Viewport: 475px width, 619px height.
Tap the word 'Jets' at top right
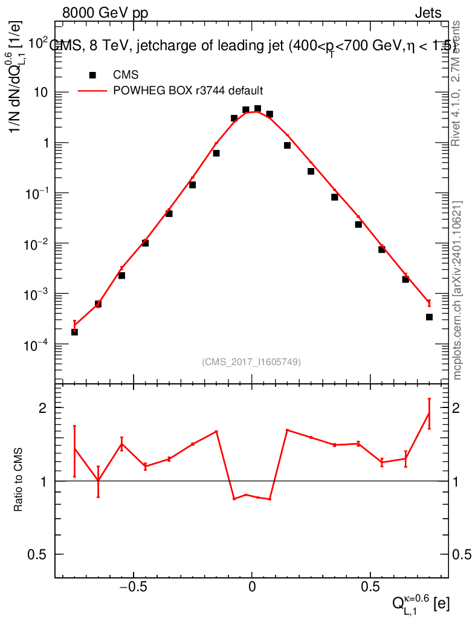coord(427,13)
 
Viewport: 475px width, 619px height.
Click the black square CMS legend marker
coord(92,75)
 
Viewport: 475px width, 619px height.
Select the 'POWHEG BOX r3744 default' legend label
coord(188,91)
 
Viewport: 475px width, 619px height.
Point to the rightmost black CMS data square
coord(429,317)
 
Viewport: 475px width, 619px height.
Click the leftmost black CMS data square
coord(74,332)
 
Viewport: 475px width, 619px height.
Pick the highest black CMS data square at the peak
coord(257,109)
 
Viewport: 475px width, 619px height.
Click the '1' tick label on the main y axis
coord(45,143)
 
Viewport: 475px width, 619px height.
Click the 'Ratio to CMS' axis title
coord(19,481)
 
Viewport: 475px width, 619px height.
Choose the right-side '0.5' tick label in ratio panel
coord(463,554)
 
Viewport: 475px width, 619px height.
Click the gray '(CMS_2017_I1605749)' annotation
coord(251,361)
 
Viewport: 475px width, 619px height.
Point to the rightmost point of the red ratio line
coord(429,413)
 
